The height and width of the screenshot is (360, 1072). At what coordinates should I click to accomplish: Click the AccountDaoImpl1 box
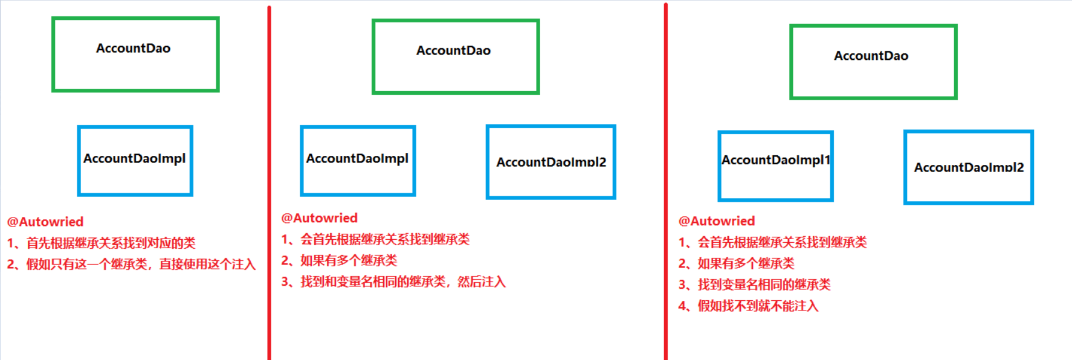click(x=775, y=166)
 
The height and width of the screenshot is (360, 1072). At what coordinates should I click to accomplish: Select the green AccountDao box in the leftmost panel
click(x=135, y=54)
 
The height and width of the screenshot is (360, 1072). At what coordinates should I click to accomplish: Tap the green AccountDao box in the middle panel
click(x=456, y=57)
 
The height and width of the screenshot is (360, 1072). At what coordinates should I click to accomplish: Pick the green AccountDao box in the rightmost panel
click(x=873, y=62)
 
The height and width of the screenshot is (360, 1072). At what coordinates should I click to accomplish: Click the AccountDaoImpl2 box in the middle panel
click(x=551, y=162)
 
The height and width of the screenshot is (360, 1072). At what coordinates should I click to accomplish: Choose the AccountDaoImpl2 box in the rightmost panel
click(x=968, y=167)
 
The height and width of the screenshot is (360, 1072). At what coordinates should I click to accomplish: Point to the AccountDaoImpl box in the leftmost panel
click(x=135, y=161)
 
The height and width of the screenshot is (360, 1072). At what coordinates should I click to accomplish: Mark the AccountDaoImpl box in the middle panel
click(x=358, y=161)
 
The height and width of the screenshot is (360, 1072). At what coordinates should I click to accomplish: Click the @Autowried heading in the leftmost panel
click(x=45, y=222)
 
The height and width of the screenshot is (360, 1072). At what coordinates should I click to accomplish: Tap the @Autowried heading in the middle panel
click(x=319, y=218)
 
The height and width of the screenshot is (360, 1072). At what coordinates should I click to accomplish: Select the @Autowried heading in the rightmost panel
click(x=717, y=221)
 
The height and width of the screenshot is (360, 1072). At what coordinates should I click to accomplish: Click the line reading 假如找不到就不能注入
click(x=748, y=306)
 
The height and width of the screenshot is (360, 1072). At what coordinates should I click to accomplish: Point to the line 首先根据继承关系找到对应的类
click(x=102, y=243)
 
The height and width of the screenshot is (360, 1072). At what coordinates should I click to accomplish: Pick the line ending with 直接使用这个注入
click(x=132, y=264)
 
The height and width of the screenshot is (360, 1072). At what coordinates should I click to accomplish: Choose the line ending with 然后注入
click(x=393, y=281)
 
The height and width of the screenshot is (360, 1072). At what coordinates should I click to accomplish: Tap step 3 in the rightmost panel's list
click(x=754, y=284)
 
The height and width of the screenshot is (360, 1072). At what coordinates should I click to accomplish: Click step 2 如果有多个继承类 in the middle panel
click(x=339, y=260)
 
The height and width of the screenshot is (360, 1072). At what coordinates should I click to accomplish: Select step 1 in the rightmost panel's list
click(x=772, y=242)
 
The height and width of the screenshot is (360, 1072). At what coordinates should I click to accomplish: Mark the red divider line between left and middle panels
click(x=269, y=181)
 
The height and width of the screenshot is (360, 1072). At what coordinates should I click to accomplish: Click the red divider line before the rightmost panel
click(x=665, y=181)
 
